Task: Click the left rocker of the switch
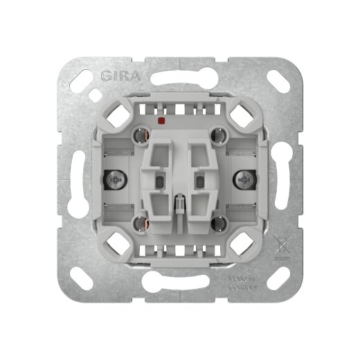pos(161,177)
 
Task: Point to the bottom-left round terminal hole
pos(140,223)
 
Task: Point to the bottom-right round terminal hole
pos(219,223)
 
